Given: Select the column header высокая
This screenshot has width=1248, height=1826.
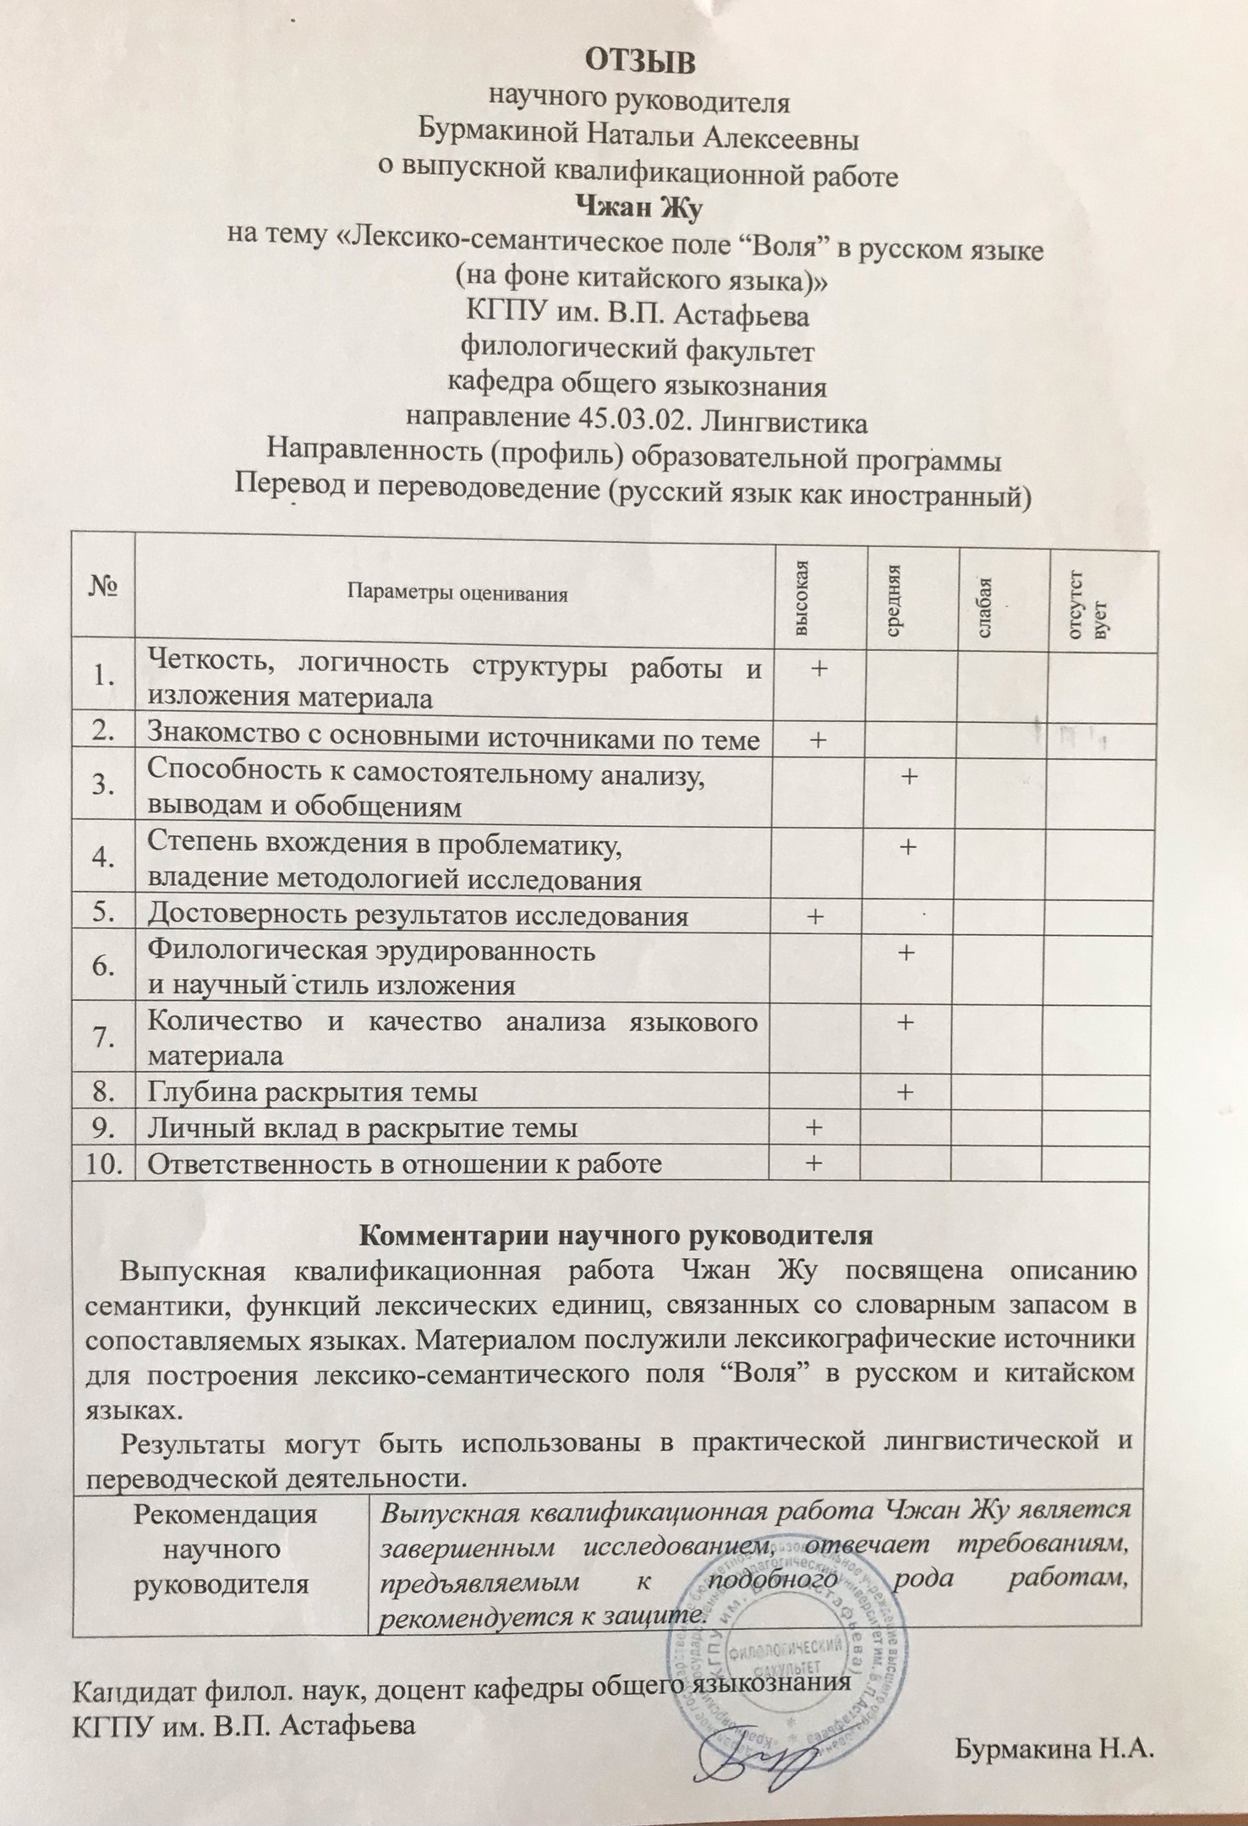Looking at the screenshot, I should [804, 599].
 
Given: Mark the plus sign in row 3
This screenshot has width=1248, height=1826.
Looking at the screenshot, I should [909, 775].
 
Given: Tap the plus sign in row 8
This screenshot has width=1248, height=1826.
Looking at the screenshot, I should [905, 1092].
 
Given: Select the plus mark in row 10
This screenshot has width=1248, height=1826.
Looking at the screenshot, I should [813, 1163].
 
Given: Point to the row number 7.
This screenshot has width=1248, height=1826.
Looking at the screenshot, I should [104, 1037].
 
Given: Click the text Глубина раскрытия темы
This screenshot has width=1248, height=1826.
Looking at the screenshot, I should [312, 1092].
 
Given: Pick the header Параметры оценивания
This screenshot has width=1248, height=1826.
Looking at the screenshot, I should [457, 593].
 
